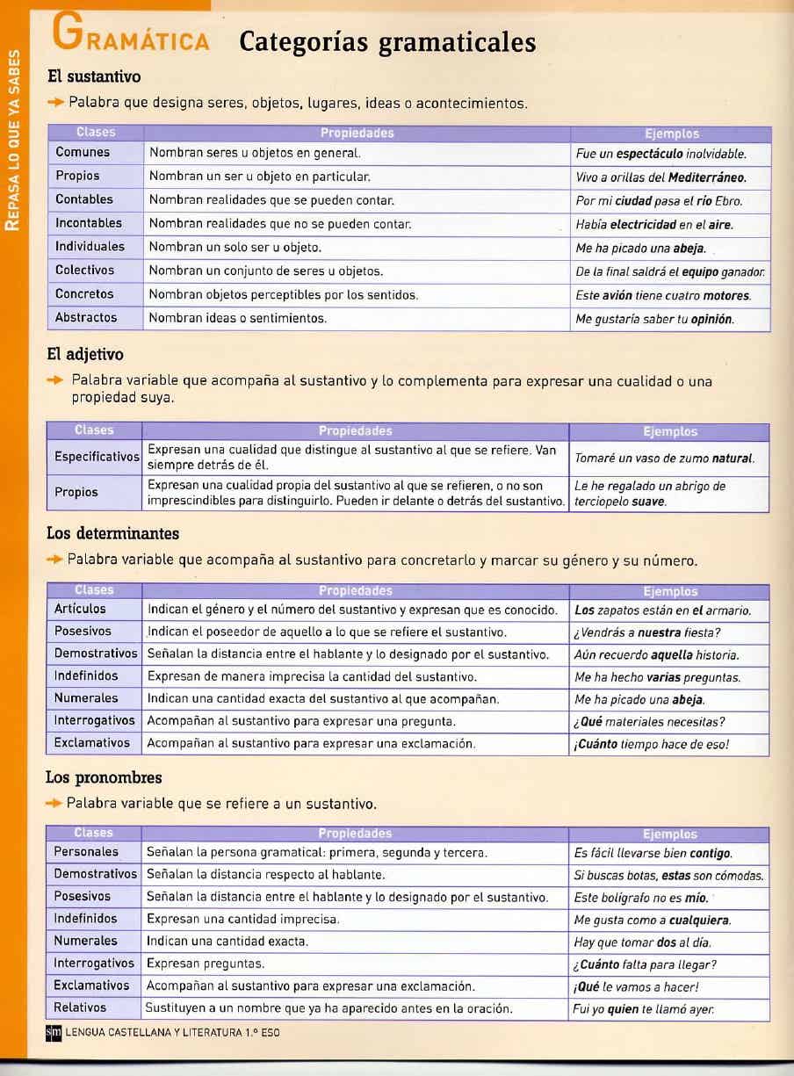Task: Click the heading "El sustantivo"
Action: [93, 77]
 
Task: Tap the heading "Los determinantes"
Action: [112, 533]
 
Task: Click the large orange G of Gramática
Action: [69, 32]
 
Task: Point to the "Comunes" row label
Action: [83, 153]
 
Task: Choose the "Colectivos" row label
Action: [84, 271]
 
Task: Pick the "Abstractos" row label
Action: [85, 317]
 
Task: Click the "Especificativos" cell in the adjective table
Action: [97, 457]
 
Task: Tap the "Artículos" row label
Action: [79, 609]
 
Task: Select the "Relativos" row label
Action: [79, 1007]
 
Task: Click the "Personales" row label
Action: [85, 852]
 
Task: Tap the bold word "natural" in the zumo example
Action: [732, 459]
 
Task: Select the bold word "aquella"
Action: [671, 655]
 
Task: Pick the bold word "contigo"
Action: [711, 854]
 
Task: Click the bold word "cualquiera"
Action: [699, 921]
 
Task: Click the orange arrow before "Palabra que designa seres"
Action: [57, 103]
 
